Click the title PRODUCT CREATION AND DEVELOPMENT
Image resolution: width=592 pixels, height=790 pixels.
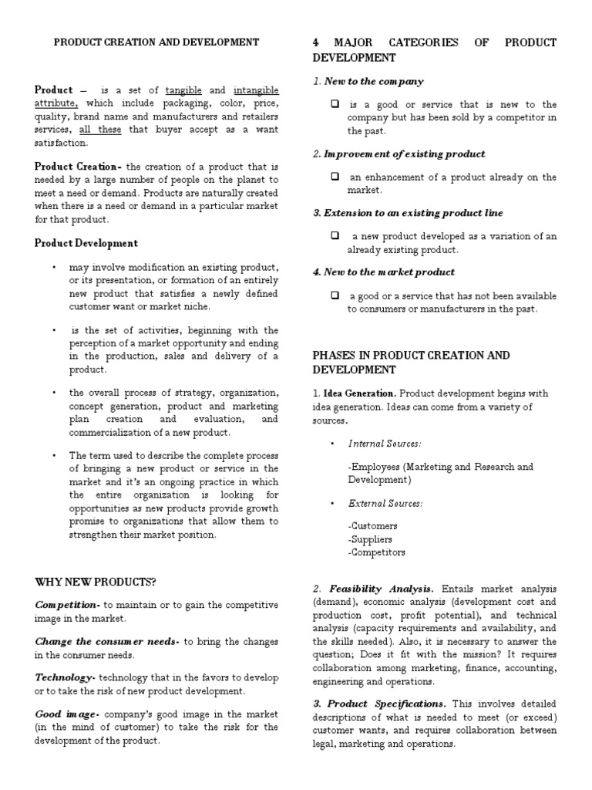tap(156, 42)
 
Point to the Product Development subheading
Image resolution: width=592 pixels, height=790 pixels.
tap(86, 243)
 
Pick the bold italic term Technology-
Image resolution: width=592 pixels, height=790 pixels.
tap(66, 677)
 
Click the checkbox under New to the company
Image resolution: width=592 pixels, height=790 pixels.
tap(335, 104)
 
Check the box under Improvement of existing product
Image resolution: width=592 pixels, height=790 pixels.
tap(335, 177)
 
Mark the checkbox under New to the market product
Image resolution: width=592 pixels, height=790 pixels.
tap(335, 295)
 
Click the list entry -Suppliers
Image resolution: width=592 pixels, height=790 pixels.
tap(370, 539)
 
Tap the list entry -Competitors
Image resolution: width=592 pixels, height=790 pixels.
tap(376, 552)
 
